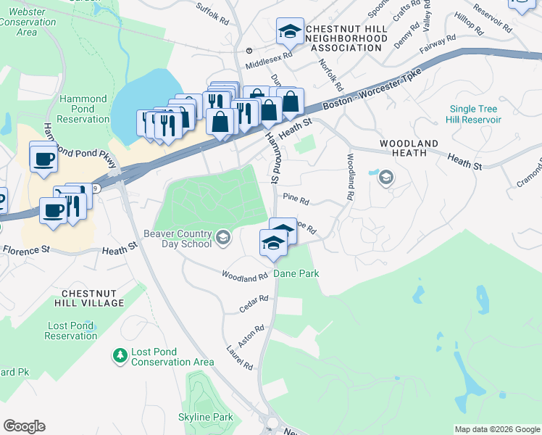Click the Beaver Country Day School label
[x=178, y=239]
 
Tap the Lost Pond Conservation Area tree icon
[x=119, y=355]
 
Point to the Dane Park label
[x=296, y=274]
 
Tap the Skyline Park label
[x=206, y=417]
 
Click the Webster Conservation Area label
[x=28, y=22]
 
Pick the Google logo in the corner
[x=24, y=426]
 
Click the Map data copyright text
[x=497, y=429]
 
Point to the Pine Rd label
[x=296, y=199]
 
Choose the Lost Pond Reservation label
[x=70, y=331]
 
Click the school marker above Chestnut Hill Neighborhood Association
[x=289, y=31]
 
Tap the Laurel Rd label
[x=238, y=357]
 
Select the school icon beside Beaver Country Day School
[x=223, y=236]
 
